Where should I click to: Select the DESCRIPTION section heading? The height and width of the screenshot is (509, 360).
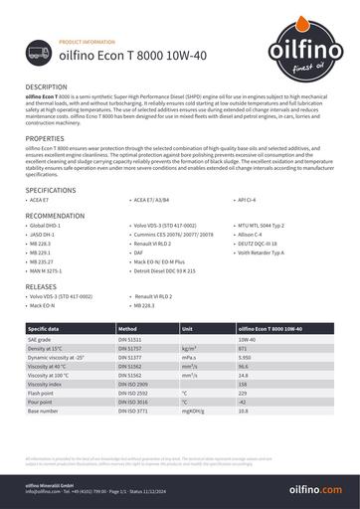tap(47, 87)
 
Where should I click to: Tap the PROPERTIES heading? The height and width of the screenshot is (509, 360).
tap(45, 137)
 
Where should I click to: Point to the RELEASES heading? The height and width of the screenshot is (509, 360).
tap(42, 286)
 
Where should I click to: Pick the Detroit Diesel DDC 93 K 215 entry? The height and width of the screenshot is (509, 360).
tap(165, 268)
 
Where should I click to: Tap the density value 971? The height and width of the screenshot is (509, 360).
tap(243, 349)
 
